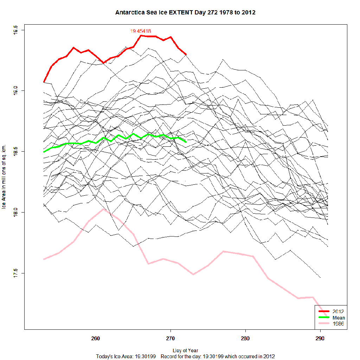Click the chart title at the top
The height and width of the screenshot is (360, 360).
[x=185, y=13]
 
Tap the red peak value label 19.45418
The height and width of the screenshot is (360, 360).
[x=141, y=31]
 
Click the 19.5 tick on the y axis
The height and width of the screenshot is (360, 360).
[x=15, y=30]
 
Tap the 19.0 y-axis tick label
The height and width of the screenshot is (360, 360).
[x=15, y=91]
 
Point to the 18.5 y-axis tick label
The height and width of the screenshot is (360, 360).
[x=15, y=152]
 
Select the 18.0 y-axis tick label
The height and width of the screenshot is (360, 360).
[x=15, y=213]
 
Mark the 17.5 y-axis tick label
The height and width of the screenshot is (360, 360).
[x=15, y=273]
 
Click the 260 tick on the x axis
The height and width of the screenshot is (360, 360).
[x=96, y=339]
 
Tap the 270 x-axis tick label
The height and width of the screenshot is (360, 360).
[x=171, y=339]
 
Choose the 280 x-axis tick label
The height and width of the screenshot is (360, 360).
[x=245, y=339]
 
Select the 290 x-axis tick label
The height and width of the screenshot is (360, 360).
[x=320, y=339]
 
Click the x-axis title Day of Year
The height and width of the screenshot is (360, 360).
[x=185, y=350]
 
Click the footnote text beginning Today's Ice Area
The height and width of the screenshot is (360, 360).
[x=185, y=356]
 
